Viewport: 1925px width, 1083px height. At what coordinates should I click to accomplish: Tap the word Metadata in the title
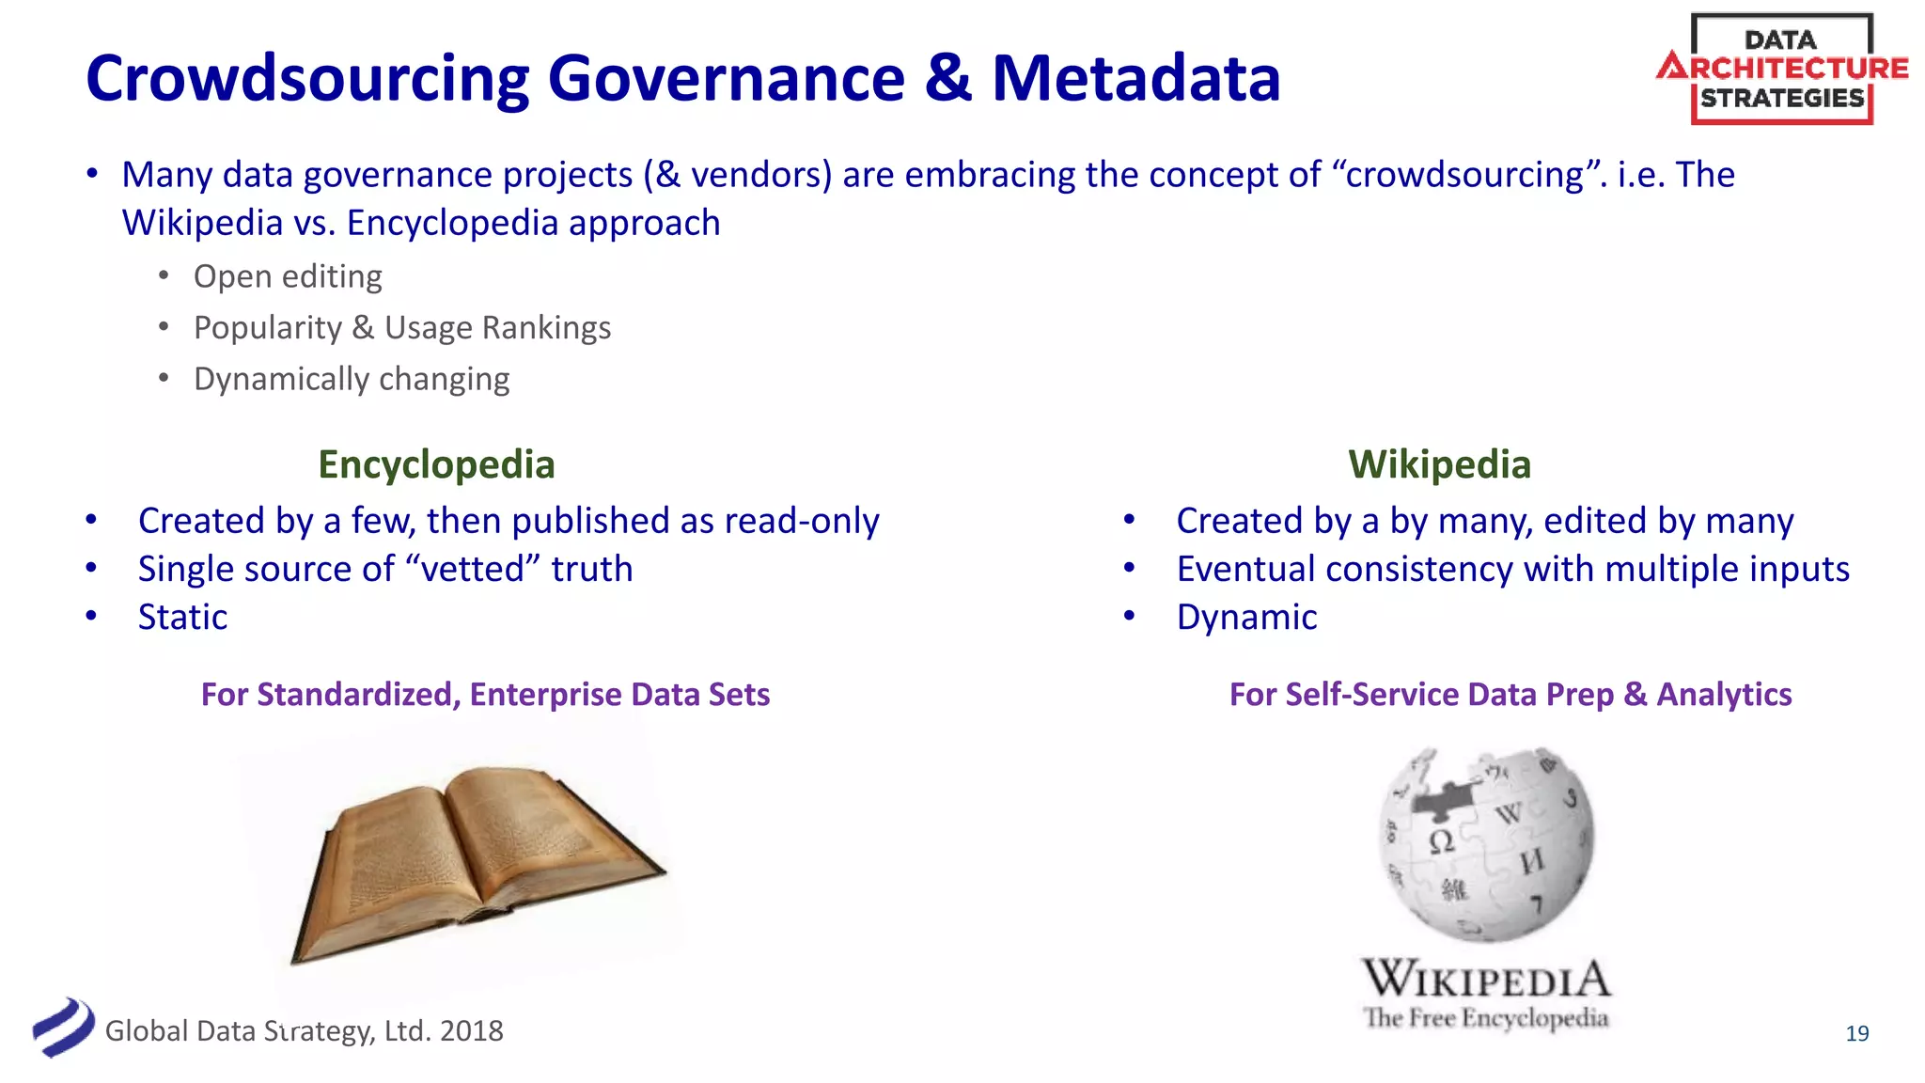coord(1135,79)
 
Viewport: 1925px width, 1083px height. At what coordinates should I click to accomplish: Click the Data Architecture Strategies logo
coord(1782,70)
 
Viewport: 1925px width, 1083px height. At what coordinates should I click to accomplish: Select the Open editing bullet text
coord(288,276)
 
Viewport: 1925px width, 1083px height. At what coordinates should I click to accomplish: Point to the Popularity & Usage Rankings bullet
coord(402,328)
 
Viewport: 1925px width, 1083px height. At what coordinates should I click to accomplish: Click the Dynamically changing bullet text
coord(352,379)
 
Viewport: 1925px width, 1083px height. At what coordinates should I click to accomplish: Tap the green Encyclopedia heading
coord(436,464)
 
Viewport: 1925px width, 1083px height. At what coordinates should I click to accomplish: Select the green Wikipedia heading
coord(1439,464)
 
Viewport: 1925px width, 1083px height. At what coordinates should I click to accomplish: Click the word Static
coord(182,617)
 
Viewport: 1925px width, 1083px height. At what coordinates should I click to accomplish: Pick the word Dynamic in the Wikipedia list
coord(1246,617)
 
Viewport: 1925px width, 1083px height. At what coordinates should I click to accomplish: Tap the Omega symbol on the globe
coord(1441,840)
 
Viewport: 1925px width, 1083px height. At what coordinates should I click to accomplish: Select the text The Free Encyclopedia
coord(1485,1018)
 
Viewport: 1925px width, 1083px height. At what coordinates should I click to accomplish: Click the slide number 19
coord(1856,1034)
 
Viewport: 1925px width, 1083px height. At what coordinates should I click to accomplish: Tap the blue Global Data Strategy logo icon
coord(63,1028)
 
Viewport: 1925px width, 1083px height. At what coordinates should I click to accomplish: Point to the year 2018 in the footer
coord(472,1031)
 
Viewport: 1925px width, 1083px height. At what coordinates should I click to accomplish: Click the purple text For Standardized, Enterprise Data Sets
coord(485,695)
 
